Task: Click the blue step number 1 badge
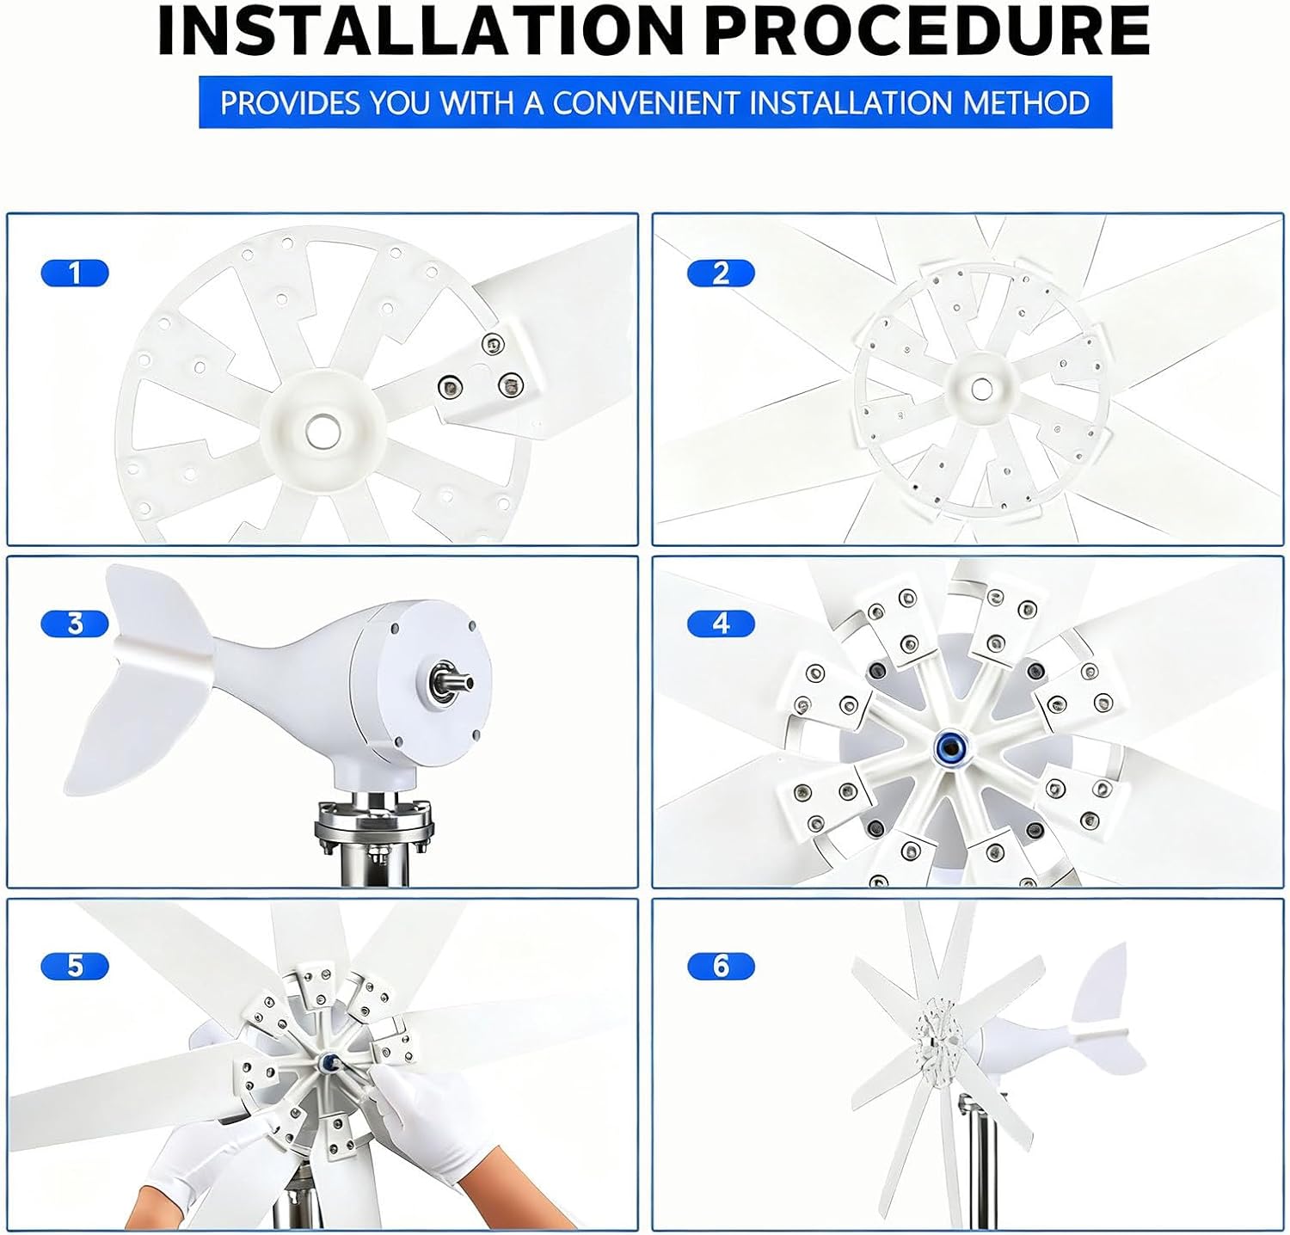(x=75, y=273)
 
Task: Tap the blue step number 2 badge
(x=721, y=273)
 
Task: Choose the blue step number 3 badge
(x=75, y=624)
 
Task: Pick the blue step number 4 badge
(x=721, y=624)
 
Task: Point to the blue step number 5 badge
(x=75, y=966)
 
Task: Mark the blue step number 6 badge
(x=721, y=966)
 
